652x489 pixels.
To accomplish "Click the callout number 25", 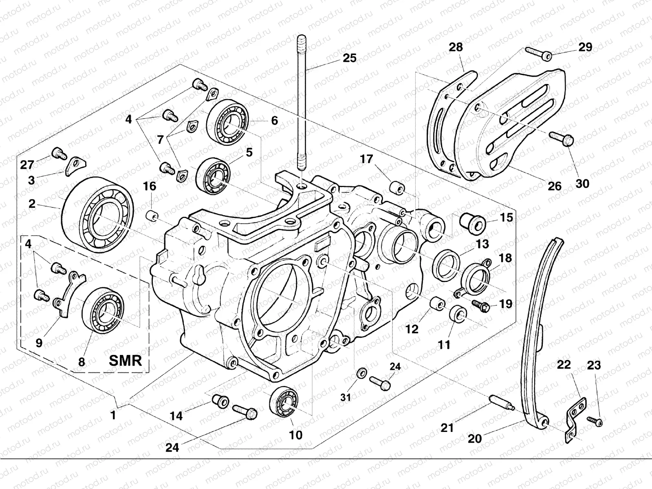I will tap(349, 58).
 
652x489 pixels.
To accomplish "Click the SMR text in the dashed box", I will tap(126, 360).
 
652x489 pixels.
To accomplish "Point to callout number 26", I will tap(555, 186).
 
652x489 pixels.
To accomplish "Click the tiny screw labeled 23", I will tap(595, 421).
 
